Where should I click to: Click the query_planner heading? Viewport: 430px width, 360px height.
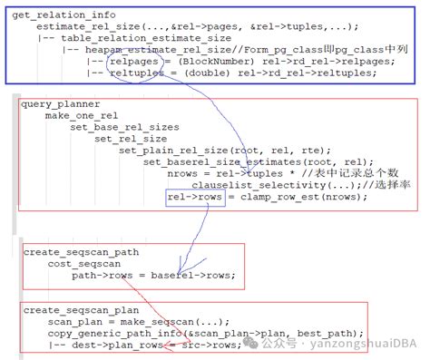pyautogui.click(x=55, y=105)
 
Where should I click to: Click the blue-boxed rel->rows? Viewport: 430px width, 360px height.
pyautogui.click(x=195, y=197)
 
